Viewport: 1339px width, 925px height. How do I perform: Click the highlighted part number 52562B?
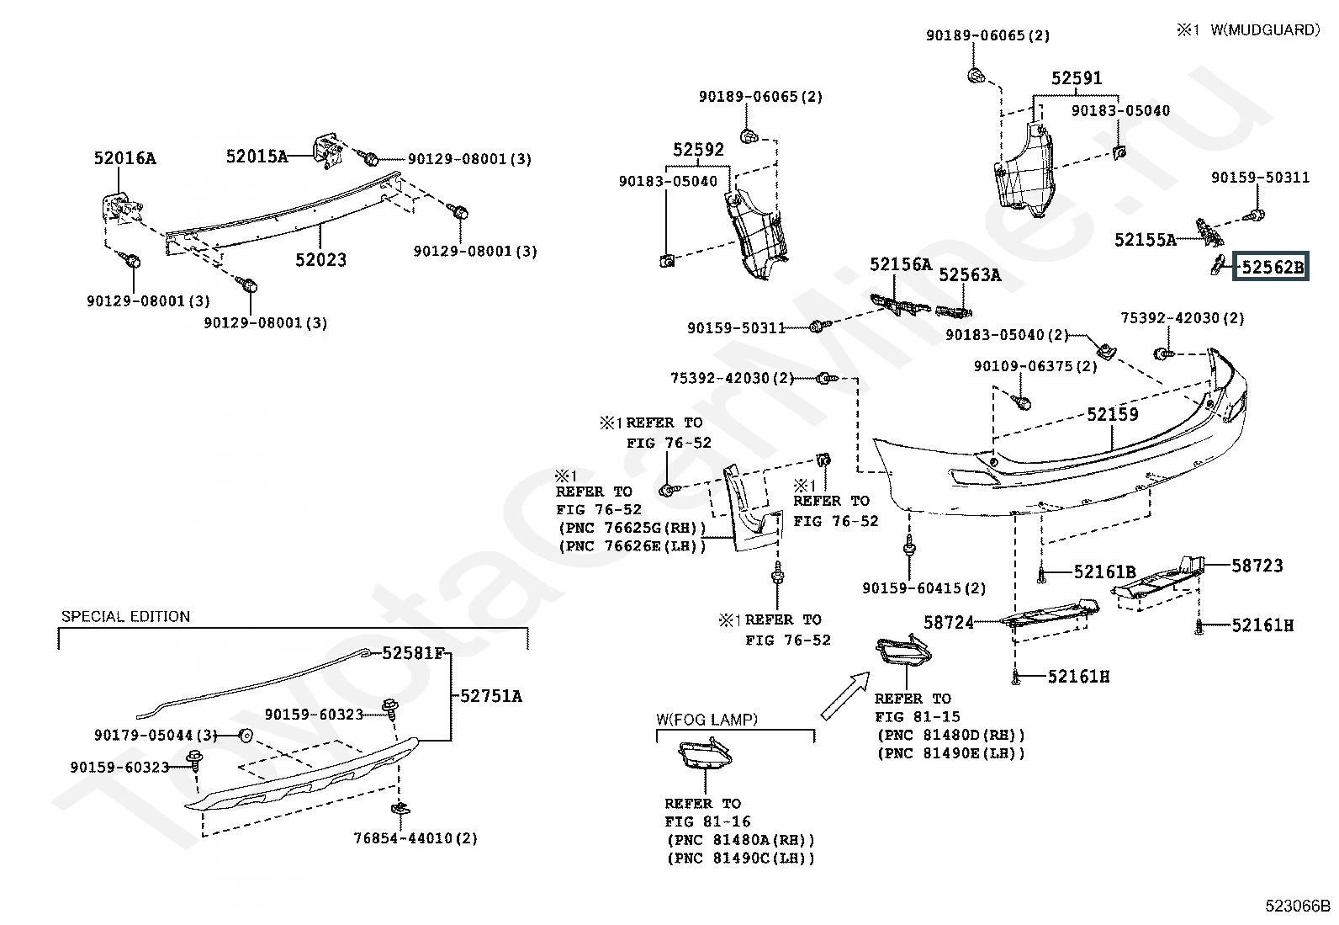[1271, 268]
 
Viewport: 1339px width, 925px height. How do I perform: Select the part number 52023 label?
[320, 260]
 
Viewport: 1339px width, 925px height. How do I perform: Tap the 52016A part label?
[124, 158]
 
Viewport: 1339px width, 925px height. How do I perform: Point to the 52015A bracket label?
[257, 156]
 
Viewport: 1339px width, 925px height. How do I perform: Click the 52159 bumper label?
[1112, 414]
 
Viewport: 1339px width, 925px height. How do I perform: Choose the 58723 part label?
[1257, 566]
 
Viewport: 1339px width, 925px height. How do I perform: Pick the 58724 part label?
[949, 623]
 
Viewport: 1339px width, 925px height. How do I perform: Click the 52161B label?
[1104, 572]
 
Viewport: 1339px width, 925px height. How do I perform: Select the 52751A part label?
[490, 696]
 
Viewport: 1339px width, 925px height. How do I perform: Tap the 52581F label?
[412, 653]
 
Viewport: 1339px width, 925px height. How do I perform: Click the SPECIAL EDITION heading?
[125, 617]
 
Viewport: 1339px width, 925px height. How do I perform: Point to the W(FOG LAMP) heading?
[707, 720]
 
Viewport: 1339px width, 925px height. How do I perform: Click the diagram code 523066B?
[1298, 906]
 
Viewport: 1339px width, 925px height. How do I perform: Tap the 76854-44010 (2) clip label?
[415, 838]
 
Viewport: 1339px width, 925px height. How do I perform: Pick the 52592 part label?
[698, 150]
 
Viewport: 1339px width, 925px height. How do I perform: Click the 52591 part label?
[1077, 78]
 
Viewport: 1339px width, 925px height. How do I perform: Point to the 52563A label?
[970, 275]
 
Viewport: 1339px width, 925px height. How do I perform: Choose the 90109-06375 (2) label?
[1035, 366]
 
